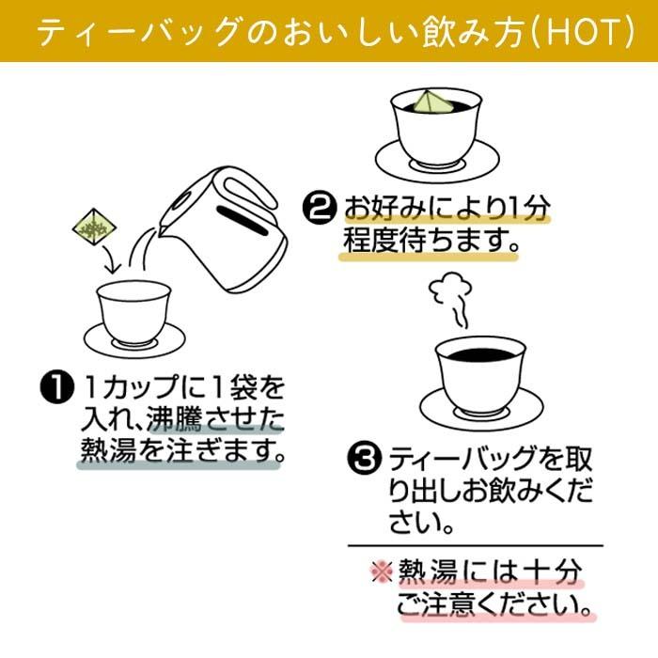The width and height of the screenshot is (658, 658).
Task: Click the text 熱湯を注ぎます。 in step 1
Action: coord(179,450)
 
